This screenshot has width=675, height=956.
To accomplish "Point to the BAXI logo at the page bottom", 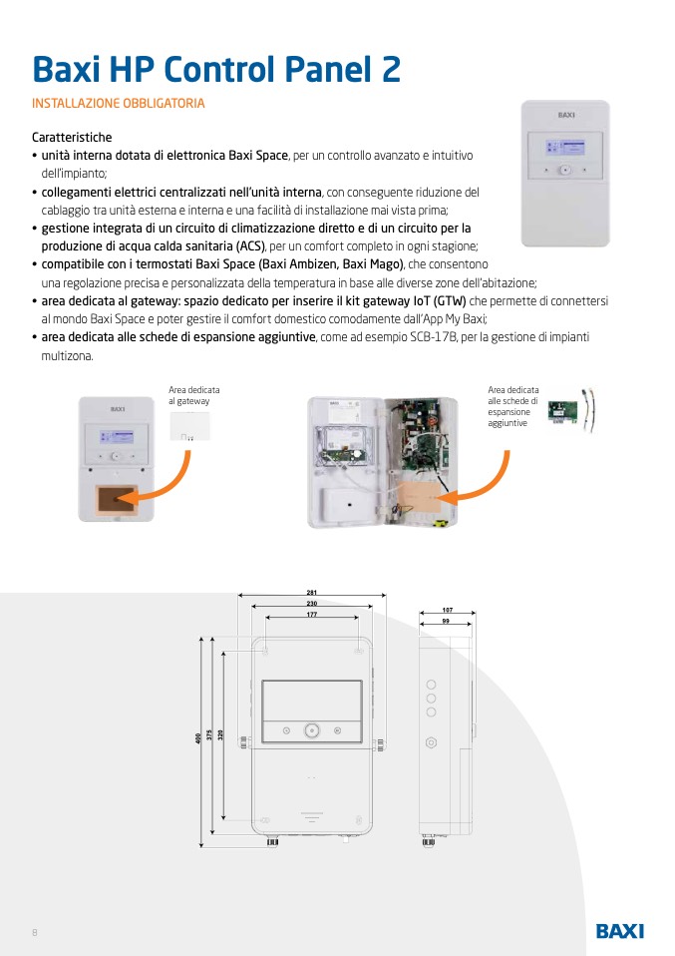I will point(619,930).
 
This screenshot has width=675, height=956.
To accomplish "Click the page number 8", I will point(35,932).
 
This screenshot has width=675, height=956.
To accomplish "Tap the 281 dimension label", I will point(312,595).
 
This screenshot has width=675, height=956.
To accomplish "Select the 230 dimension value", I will point(312,605).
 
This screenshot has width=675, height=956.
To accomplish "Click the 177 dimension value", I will point(312,615).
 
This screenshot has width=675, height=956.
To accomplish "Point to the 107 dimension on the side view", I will point(447,610).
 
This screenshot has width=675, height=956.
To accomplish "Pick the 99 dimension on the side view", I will point(445,621).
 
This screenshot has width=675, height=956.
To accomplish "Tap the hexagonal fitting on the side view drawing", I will point(431,742).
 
